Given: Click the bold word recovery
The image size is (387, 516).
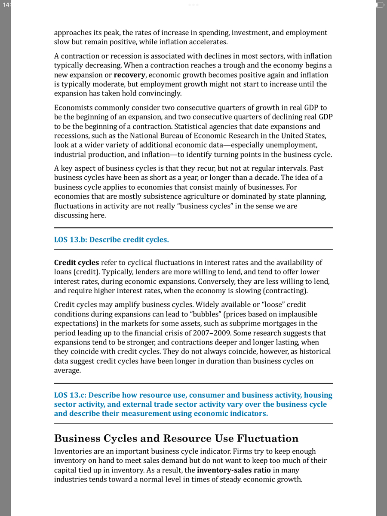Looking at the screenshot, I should (129, 75).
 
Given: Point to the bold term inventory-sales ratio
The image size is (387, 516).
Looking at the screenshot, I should (234, 470).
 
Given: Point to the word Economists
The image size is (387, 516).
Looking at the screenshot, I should (74, 107).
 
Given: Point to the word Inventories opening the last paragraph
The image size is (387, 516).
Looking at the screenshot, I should (75, 451).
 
